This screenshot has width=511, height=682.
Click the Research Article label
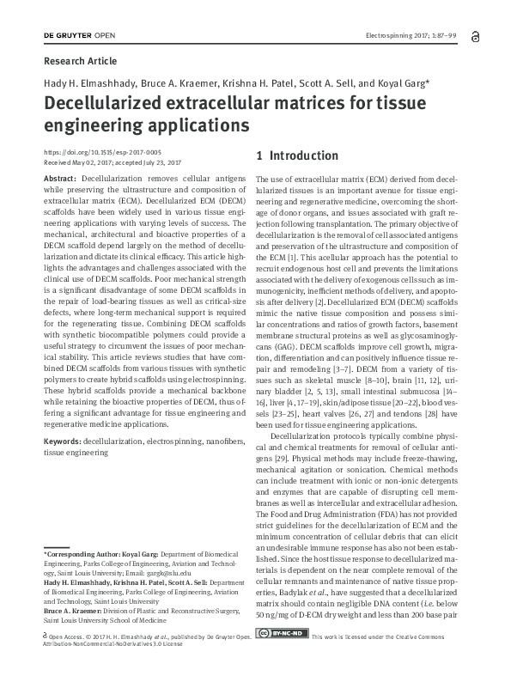coord(80,61)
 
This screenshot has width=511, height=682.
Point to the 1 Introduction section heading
coord(298,156)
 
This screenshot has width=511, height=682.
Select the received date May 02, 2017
coord(94,161)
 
